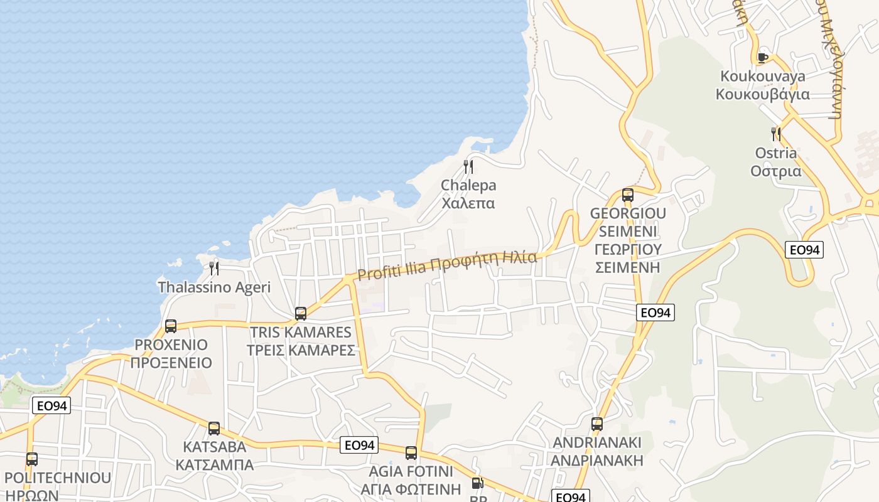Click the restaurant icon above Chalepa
pyautogui.click(x=468, y=167)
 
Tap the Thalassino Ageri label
pyautogui.click(x=214, y=287)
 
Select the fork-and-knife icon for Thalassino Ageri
pyautogui.click(x=214, y=269)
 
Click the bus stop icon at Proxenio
pyautogui.click(x=171, y=326)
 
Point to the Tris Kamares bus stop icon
pyautogui.click(x=301, y=314)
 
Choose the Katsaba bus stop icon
pyautogui.click(x=214, y=429)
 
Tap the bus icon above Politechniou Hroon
pyautogui.click(x=32, y=459)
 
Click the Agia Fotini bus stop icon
pyautogui.click(x=411, y=453)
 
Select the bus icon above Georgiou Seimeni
pyautogui.click(x=628, y=195)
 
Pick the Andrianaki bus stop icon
pyautogui.click(x=597, y=424)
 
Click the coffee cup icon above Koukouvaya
pyautogui.click(x=763, y=58)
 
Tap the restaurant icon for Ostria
pyautogui.click(x=776, y=134)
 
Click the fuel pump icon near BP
pyautogui.click(x=478, y=484)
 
